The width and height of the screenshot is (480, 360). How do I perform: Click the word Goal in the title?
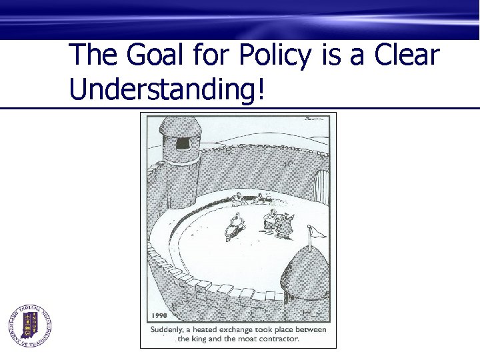click(152, 56)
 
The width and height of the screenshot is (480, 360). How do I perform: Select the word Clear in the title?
click(407, 55)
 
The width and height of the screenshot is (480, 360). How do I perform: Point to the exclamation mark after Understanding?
click(259, 88)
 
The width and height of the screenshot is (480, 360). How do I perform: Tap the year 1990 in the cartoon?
click(159, 316)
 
